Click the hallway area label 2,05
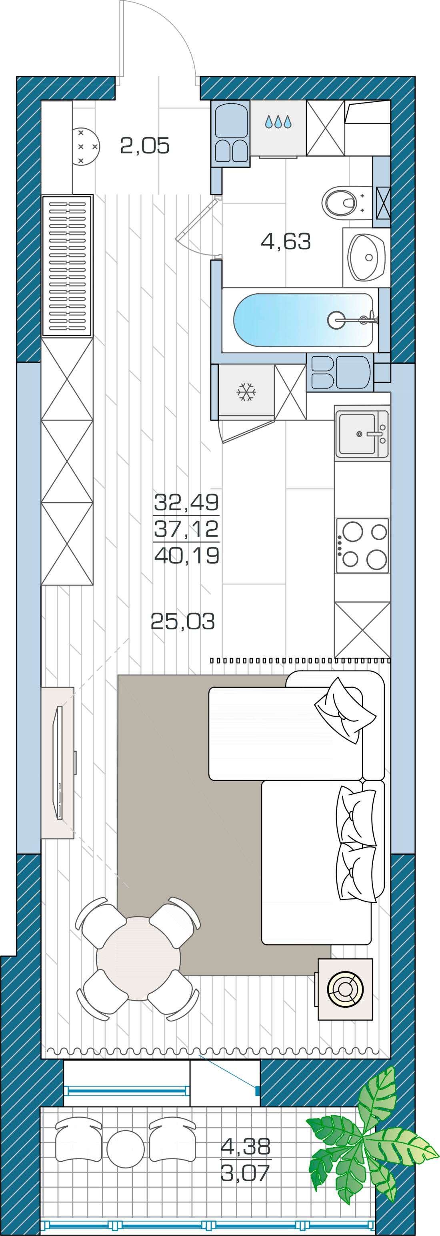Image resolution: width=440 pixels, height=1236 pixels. pyautogui.click(x=144, y=145)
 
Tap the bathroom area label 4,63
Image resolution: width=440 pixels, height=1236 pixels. pyautogui.click(x=286, y=241)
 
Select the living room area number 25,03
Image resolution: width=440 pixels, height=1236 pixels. pyautogui.click(x=182, y=621)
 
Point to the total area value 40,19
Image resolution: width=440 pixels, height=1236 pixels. pyautogui.click(x=187, y=555)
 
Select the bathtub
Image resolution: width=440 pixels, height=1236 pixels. pyautogui.click(x=304, y=320)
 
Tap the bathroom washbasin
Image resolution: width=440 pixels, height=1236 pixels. pyautogui.click(x=366, y=257)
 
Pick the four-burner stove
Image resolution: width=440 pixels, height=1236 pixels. pyautogui.click(x=362, y=545)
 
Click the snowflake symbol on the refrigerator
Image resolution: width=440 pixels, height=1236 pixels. pyautogui.click(x=246, y=392)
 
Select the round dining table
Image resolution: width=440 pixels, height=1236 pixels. pyautogui.click(x=138, y=959)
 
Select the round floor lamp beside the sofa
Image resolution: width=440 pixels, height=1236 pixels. pyautogui.click(x=345, y=989)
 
